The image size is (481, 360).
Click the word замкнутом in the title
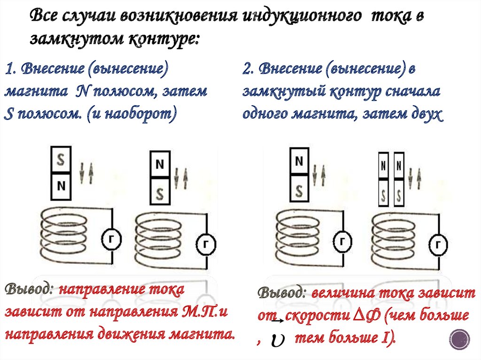coord(72,39)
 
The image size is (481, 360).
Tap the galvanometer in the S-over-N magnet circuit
coord(112,240)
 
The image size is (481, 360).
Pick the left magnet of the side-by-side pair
coord(384,179)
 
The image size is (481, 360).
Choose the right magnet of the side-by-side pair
coord(399,179)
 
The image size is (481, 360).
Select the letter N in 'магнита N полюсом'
coord(80,92)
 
